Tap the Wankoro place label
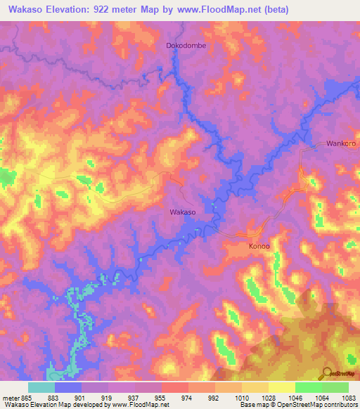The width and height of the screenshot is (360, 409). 342,144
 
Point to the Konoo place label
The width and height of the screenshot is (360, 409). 259,247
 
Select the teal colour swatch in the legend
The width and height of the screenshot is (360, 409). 41,387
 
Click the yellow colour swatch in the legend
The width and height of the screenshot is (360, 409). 281,387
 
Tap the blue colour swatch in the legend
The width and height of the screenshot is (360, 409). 68,387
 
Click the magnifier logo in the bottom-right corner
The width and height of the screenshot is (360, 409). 328,372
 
